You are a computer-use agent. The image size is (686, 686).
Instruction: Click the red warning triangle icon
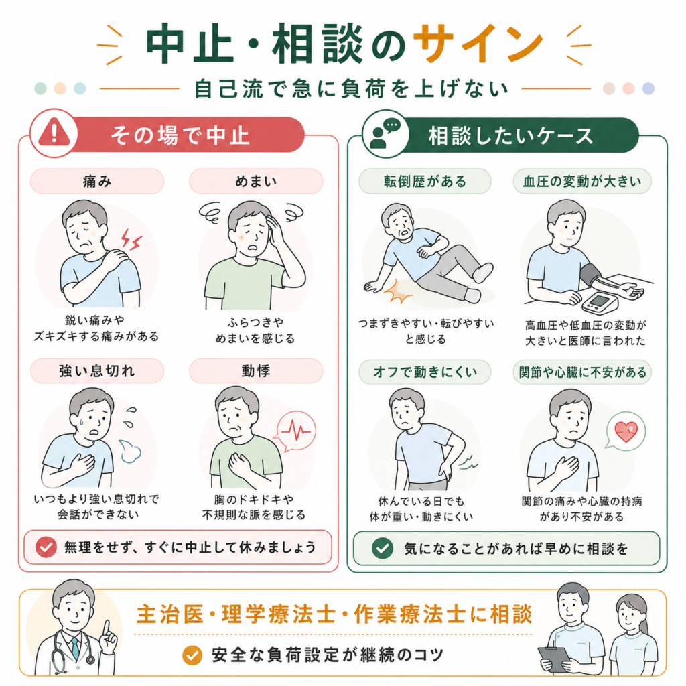coord(54,133)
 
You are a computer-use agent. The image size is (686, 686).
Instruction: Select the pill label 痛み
coord(97,181)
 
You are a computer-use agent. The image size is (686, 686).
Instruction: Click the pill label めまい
coord(256,181)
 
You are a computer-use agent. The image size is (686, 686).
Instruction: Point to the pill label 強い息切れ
coord(97,371)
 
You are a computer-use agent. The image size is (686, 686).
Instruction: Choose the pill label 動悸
coord(256,371)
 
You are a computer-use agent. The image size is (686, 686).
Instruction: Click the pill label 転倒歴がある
coord(425,181)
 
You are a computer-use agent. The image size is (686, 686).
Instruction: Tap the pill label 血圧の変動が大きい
coord(582,181)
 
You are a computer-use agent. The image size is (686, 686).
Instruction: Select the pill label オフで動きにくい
coord(425,372)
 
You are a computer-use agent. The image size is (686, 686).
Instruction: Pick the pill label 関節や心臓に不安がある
coord(582,372)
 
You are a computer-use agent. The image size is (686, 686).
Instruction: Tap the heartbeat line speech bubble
coord(295,431)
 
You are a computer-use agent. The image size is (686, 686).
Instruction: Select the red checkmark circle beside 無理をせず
coord(46,547)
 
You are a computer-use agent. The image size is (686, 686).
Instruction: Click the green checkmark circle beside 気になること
coord(383,548)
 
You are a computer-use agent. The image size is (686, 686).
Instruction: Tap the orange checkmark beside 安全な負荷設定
coord(192,655)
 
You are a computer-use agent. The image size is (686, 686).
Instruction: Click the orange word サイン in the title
coord(478,44)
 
